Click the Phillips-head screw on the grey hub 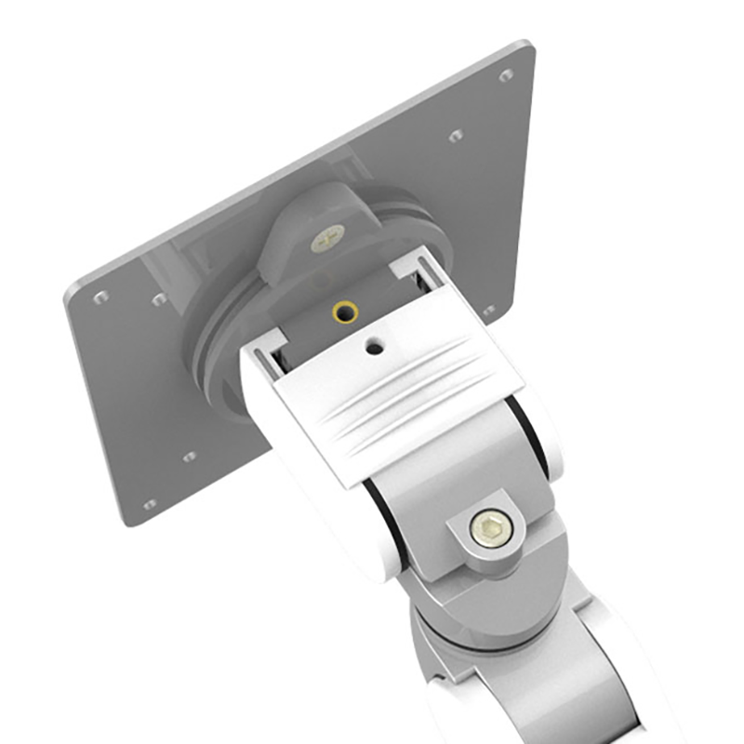[x=327, y=238]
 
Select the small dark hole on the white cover [x=375, y=347]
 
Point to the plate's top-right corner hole [x=506, y=75]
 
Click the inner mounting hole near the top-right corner [x=456, y=136]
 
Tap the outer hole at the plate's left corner [x=100, y=298]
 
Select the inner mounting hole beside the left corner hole [x=159, y=299]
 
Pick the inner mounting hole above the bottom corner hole [x=189, y=457]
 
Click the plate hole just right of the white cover [x=489, y=310]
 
